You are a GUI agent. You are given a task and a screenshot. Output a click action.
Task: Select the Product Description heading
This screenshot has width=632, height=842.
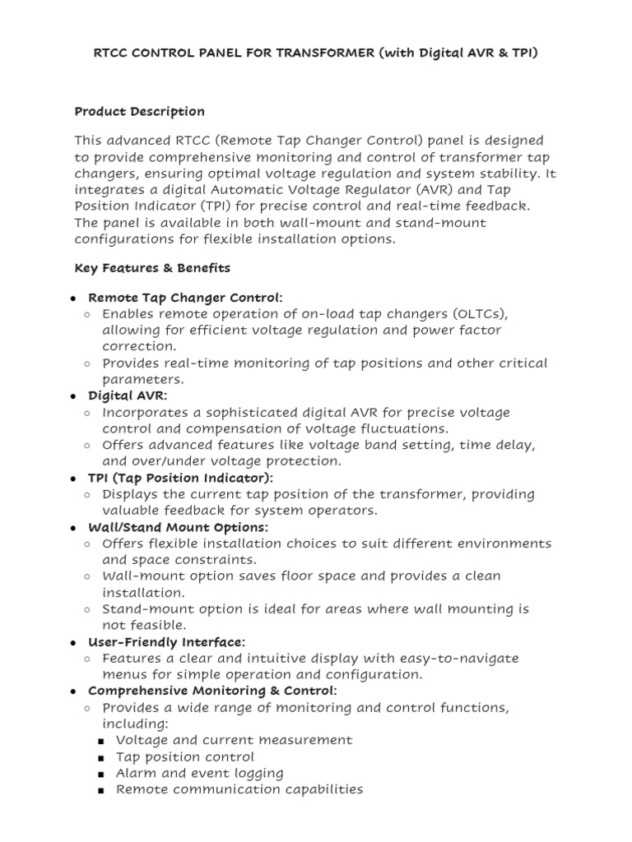(x=139, y=111)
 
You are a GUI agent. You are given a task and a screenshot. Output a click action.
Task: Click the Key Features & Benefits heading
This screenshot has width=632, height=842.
(x=152, y=268)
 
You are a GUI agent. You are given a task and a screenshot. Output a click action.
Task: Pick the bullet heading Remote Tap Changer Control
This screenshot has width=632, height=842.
(x=185, y=297)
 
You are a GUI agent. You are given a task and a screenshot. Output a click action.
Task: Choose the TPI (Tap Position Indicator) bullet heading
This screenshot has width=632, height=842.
(x=180, y=478)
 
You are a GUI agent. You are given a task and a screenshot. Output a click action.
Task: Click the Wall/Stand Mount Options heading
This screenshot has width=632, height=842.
(x=178, y=527)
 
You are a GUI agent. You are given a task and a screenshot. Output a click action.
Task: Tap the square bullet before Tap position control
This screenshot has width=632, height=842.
(x=100, y=757)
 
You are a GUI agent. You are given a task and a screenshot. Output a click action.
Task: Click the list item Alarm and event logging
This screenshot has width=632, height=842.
(x=199, y=773)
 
